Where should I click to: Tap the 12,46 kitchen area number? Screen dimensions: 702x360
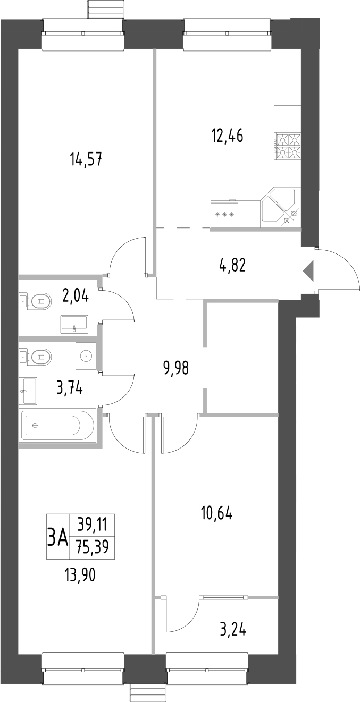coord(227,136)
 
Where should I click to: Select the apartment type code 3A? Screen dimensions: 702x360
coord(57,537)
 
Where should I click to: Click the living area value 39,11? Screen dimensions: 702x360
coord(92,526)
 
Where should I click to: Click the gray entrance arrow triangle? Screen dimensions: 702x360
coord(309,271)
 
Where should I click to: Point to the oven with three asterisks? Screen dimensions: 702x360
coord(224,215)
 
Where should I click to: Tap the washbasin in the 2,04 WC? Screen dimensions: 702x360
coord(74,324)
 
